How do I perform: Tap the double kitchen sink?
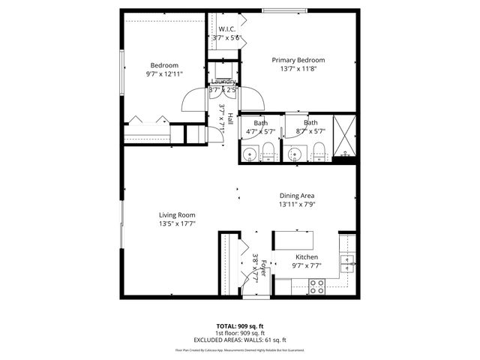point(347,263)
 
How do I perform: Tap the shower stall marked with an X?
point(345,134)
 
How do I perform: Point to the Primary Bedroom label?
point(298,60)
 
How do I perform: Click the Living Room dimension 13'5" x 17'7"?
point(177,223)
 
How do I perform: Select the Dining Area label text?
point(297,196)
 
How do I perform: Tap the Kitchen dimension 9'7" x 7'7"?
point(307,265)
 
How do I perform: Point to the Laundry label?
point(223,81)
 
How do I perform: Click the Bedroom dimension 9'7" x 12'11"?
point(164,73)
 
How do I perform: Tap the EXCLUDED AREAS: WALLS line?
point(240,339)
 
